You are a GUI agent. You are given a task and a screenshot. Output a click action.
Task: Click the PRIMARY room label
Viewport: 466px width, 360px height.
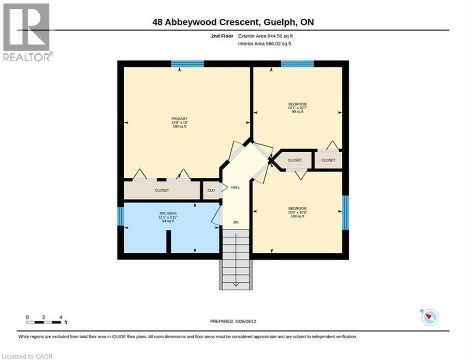(x=179, y=122)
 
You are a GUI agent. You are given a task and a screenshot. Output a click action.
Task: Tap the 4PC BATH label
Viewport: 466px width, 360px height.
(x=168, y=218)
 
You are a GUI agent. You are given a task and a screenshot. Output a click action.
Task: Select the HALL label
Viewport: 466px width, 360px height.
(x=236, y=188)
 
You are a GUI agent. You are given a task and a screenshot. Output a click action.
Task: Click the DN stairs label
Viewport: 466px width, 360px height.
(x=236, y=222)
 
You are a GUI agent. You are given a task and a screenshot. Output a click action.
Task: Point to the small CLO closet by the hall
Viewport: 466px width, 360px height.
(x=211, y=190)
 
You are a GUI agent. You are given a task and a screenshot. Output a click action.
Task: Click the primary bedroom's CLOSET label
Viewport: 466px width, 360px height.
(x=162, y=190)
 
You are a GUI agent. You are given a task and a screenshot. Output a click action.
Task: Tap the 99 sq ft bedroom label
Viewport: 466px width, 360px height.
(x=297, y=108)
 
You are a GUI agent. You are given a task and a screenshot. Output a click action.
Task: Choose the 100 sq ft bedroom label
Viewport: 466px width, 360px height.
(x=297, y=212)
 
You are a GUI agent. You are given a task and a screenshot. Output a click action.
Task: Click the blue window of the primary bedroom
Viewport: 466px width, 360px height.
(x=187, y=64)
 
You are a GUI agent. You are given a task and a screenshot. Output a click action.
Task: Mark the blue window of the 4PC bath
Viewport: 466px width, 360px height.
(x=120, y=216)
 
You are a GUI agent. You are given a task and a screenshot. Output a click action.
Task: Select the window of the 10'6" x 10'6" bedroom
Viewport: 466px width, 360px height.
(x=345, y=212)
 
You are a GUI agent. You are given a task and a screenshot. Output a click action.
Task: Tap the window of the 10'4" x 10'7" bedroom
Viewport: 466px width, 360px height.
(x=297, y=64)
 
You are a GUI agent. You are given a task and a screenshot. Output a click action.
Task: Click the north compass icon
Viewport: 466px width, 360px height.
(x=430, y=317)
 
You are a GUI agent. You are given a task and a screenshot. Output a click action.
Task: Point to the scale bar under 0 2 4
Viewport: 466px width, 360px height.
(x=43, y=323)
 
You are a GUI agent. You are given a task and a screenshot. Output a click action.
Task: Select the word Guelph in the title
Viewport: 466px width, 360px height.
(x=280, y=22)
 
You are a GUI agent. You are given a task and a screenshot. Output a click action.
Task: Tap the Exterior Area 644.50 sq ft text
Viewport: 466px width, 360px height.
(x=266, y=36)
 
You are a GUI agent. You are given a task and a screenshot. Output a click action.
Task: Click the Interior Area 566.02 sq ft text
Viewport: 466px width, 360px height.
(x=265, y=44)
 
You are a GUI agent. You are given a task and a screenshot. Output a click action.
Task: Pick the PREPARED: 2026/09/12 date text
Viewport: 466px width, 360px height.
(x=233, y=321)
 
